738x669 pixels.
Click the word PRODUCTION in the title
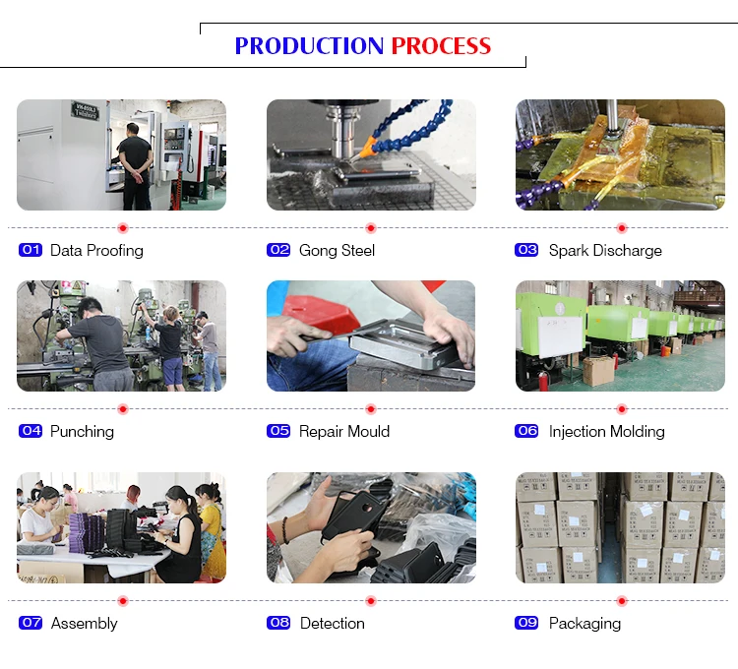pos(309,46)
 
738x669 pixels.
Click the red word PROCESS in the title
pos(441,46)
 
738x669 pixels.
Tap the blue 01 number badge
pos(31,250)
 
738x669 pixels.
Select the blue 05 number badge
pos(278,431)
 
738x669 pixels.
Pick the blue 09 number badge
pos(526,623)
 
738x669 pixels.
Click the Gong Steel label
pos(337,250)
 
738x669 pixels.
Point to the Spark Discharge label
pos(605,250)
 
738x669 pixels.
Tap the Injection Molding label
pos(607,432)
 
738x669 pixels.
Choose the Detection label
pos(333,624)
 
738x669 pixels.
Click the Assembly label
pos(85,624)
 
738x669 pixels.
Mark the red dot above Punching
pos(123,409)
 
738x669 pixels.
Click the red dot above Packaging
pos(622,601)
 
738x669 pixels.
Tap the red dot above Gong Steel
pos(371,228)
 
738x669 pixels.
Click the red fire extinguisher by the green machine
pos(543,380)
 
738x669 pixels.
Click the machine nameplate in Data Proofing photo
pos(86,110)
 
